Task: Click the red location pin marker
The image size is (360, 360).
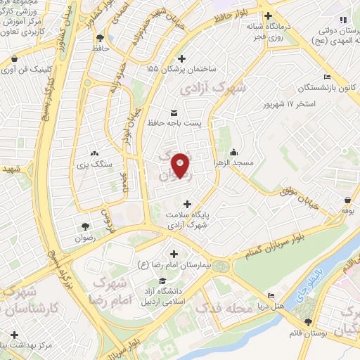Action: [x=181, y=165]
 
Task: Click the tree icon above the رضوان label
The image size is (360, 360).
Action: [x=84, y=226]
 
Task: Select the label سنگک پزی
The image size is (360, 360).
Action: [x=93, y=163]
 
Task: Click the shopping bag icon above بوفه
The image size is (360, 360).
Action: [x=350, y=199]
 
